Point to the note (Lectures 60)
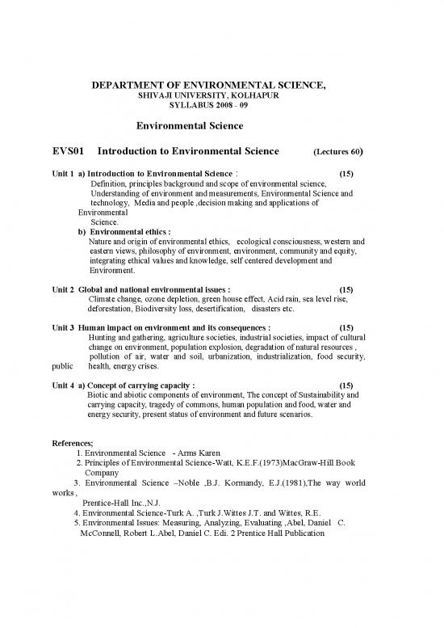pos(337,152)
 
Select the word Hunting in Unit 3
pos(103,338)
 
